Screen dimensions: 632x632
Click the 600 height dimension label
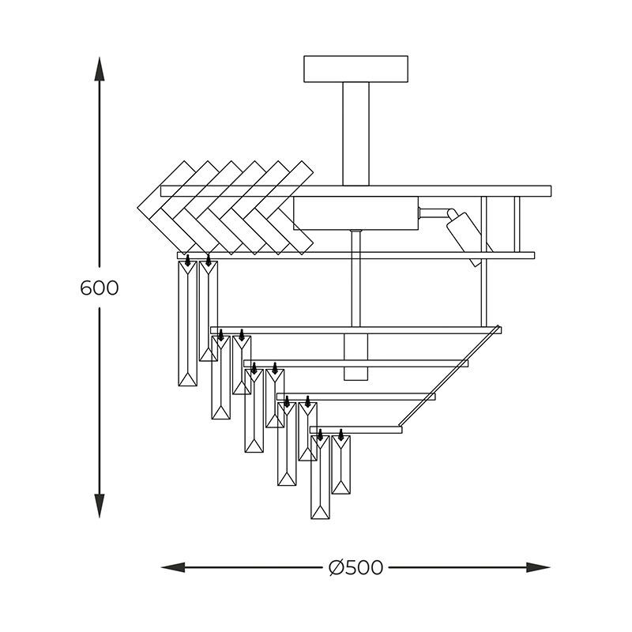pyautogui.click(x=100, y=288)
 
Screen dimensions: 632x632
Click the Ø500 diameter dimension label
pyautogui.click(x=355, y=567)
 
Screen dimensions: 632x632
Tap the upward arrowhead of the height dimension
pyautogui.click(x=100, y=69)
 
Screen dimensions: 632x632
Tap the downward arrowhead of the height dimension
pyautogui.click(x=100, y=506)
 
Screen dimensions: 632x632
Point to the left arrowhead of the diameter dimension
pyautogui.click(x=173, y=567)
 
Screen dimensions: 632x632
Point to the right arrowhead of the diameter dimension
pyautogui.click(x=539, y=567)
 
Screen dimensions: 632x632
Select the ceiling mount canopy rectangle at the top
pyautogui.click(x=356, y=69)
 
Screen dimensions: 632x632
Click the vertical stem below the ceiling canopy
pyautogui.click(x=356, y=134)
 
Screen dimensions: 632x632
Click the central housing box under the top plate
pyautogui.click(x=356, y=213)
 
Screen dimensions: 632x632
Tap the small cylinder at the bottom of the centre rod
pyautogui.click(x=356, y=357)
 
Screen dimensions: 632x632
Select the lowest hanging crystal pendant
pyautogui.click(x=321, y=477)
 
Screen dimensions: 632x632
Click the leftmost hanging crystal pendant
pyautogui.click(x=188, y=323)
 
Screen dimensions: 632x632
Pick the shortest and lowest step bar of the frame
pyautogui.click(x=356, y=430)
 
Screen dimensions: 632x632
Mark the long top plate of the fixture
pyautogui.click(x=356, y=191)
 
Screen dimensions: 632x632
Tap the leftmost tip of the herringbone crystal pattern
pyautogui.click(x=137, y=208)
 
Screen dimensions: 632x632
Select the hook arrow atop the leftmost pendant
pyautogui.click(x=187, y=260)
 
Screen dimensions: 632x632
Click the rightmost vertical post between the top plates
pyautogui.click(x=517, y=224)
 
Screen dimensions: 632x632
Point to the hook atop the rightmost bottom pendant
pyautogui.click(x=341, y=434)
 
